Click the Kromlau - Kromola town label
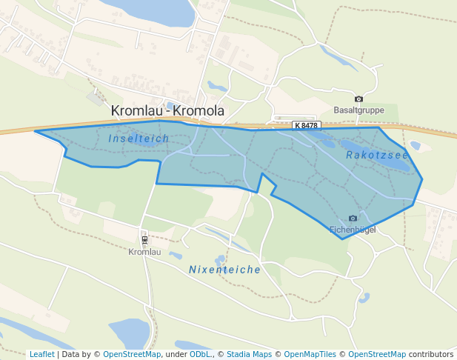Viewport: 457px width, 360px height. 167,111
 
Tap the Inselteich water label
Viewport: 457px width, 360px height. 139,139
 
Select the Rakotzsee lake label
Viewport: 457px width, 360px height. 377,155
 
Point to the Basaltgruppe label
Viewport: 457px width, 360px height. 359,110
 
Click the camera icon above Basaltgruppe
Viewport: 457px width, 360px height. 359,99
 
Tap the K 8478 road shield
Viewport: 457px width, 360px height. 305,126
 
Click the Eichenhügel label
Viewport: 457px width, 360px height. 353,230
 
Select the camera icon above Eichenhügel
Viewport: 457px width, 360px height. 353,218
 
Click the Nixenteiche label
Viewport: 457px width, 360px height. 224,270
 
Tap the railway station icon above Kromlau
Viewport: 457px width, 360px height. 144,239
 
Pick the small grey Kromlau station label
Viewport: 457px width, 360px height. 144,252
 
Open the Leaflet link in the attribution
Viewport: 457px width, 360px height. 41,354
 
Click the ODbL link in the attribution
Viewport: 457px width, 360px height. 200,354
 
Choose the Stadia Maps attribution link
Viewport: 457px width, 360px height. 249,354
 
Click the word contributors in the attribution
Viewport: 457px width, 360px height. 430,354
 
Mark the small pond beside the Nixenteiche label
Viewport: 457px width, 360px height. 219,260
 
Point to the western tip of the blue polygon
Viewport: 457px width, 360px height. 36,132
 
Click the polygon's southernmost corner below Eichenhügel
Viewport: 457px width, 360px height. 341,239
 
